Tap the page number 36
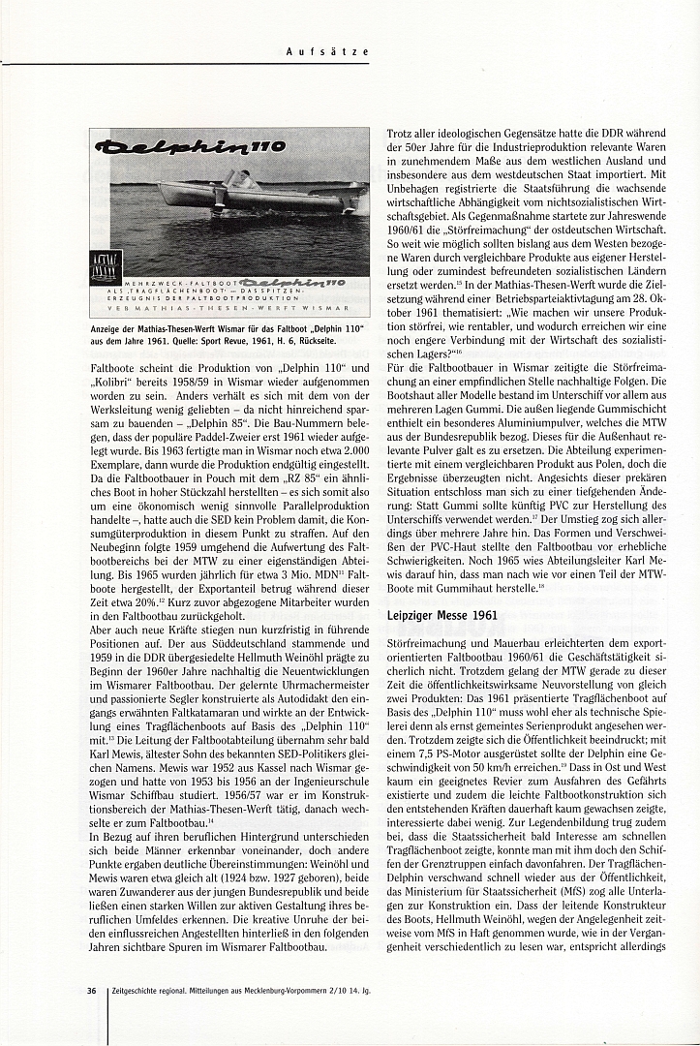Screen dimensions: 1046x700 (x=90, y=991)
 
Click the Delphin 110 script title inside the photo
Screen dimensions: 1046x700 (x=188, y=147)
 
